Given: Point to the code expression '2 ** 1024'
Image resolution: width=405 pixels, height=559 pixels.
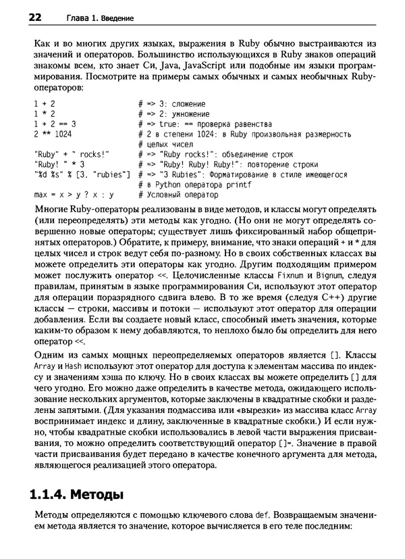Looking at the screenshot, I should point(52,134).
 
